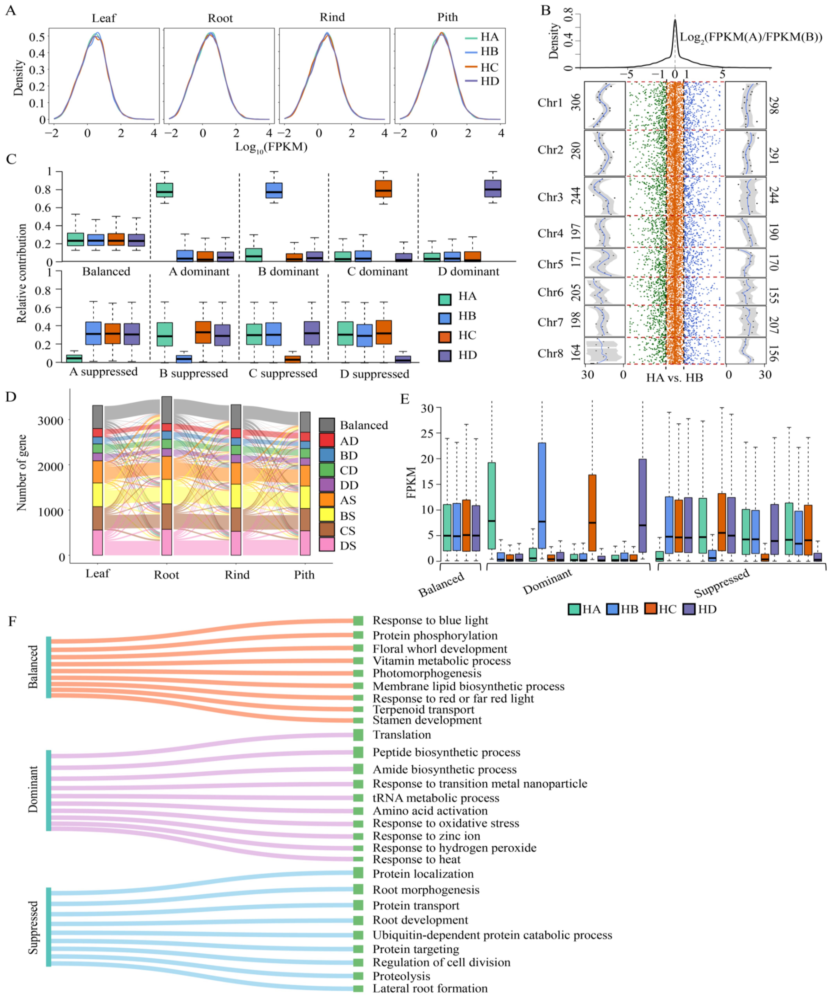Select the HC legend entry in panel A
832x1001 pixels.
click(x=489, y=67)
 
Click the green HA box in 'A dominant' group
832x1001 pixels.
click(x=165, y=190)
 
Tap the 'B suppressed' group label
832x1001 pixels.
click(x=193, y=373)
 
